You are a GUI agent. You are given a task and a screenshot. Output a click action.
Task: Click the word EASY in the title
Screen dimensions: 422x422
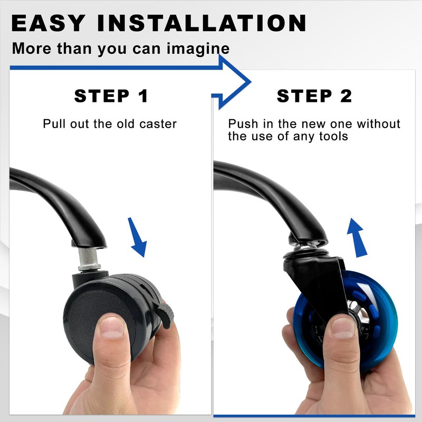48,23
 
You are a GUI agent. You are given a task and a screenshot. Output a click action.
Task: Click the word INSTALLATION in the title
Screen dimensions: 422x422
202,23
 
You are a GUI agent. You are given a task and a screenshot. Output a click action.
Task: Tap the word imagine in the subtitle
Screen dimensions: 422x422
198,49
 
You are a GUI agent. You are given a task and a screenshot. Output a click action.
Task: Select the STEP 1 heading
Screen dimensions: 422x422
111,96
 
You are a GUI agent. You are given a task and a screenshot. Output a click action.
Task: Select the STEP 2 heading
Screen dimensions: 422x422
314,96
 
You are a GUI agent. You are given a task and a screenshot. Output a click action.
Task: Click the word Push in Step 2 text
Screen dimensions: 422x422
243,124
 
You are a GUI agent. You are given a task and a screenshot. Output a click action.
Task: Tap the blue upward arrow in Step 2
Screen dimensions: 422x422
357,238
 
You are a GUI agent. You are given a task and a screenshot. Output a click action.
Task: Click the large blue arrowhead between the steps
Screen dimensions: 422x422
234,82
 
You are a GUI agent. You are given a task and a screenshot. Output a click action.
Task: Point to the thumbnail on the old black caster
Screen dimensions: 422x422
112,327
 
